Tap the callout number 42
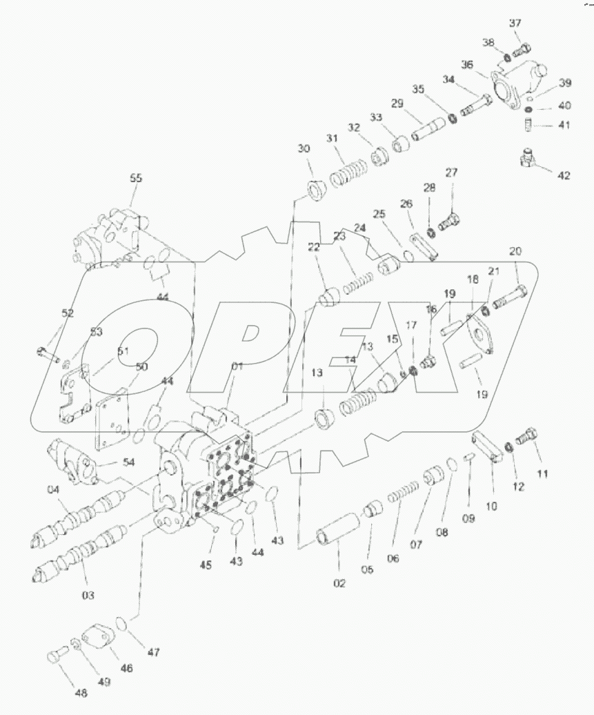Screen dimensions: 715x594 (564, 176)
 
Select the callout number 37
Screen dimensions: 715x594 (515, 23)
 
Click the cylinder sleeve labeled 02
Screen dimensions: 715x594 (337, 537)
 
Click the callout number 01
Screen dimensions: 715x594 (237, 366)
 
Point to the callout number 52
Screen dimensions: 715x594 (68, 313)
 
